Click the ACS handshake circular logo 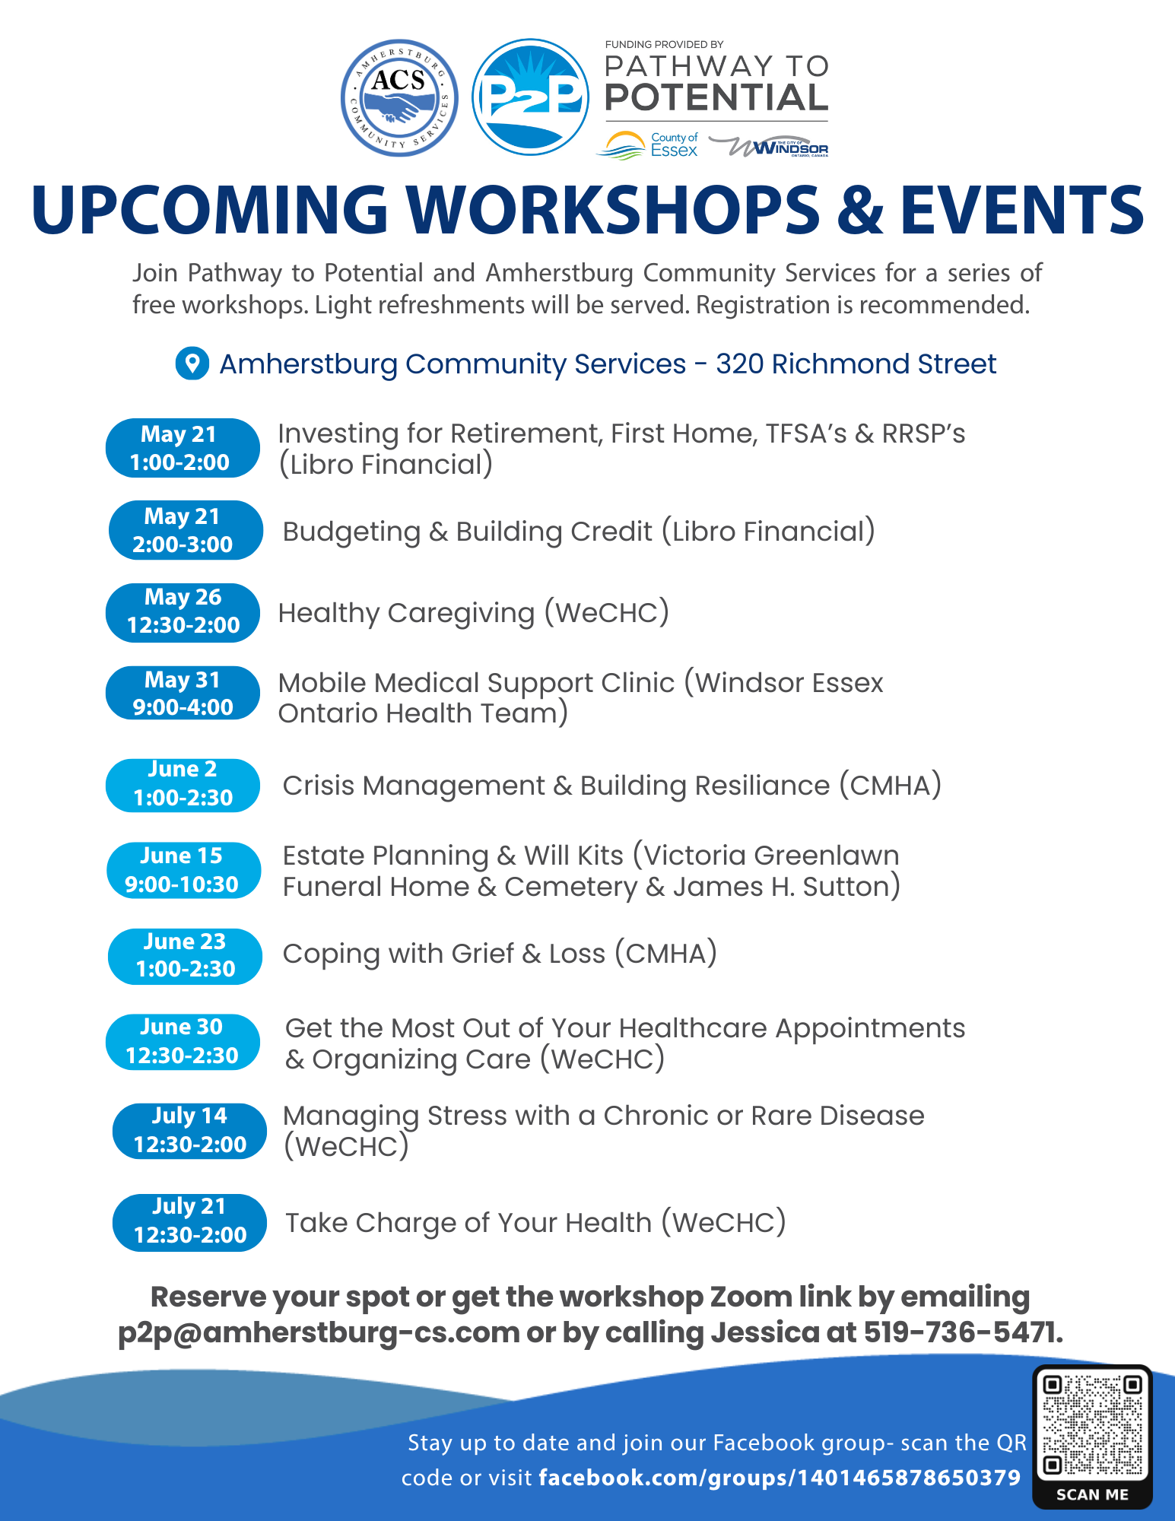click(x=399, y=98)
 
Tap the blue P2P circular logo click(x=531, y=97)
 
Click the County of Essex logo click(x=647, y=144)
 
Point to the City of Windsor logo click(x=768, y=146)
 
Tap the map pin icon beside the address click(x=192, y=364)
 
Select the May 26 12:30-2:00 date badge click(x=183, y=612)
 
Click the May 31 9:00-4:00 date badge click(x=183, y=693)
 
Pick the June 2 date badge click(x=183, y=785)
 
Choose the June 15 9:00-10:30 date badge click(x=183, y=870)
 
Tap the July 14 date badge click(x=189, y=1131)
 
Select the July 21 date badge click(x=189, y=1222)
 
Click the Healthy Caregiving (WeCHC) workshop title click(x=474, y=613)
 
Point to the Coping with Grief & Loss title click(x=500, y=954)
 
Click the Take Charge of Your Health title click(x=535, y=1223)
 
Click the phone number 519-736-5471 click(x=963, y=1332)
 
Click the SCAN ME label click(x=1092, y=1494)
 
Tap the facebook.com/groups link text click(x=780, y=1478)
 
